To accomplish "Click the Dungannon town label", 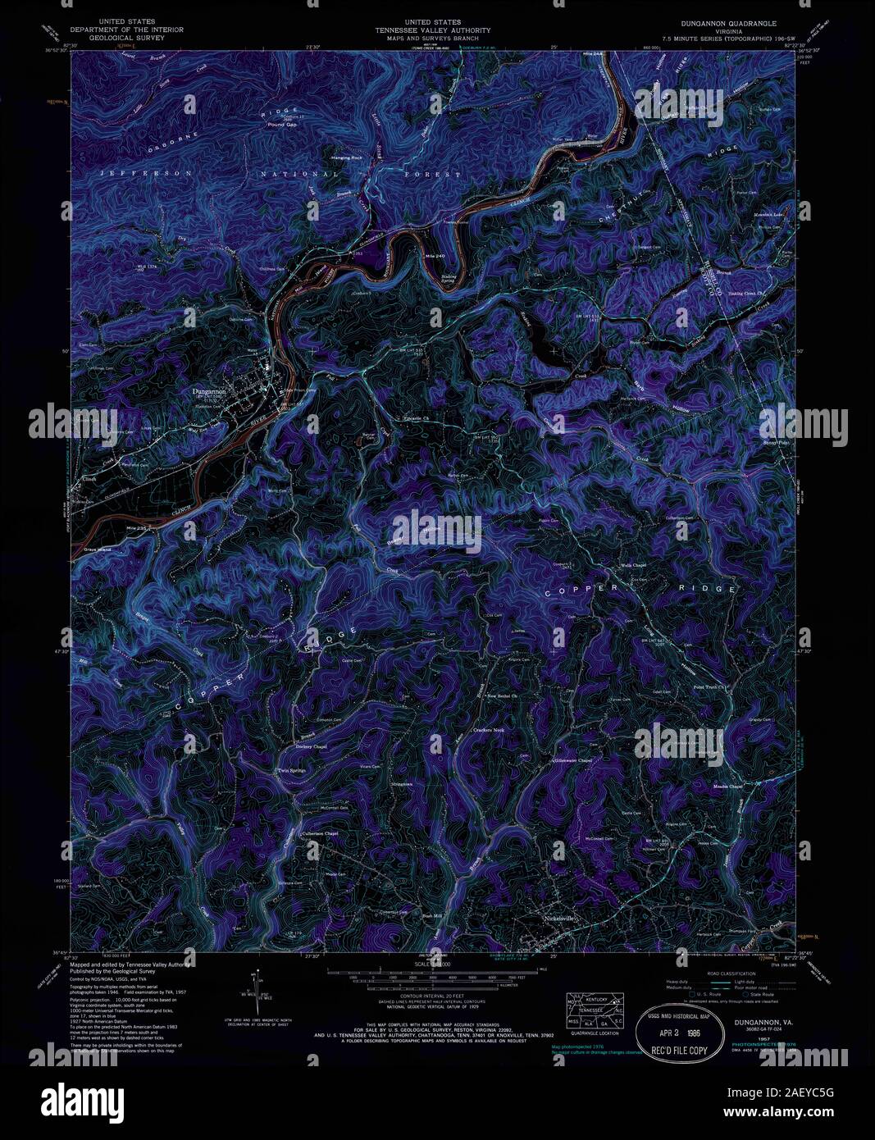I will point(208,392).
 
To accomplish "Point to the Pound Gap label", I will point(281,125).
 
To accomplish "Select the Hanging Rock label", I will point(345,157).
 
